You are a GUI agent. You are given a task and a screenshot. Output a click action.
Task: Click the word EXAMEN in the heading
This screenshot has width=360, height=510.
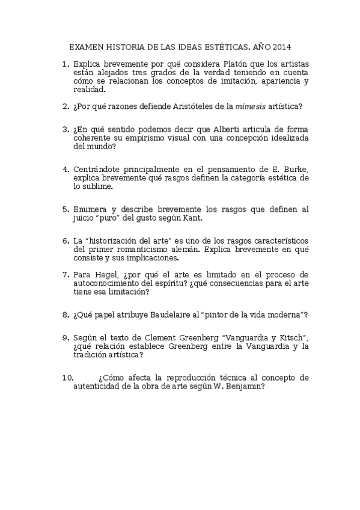coord(86,46)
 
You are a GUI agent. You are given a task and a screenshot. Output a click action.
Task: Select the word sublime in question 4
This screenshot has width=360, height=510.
coord(98,186)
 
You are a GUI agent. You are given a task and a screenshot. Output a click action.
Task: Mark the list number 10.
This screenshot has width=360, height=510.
coord(67,378)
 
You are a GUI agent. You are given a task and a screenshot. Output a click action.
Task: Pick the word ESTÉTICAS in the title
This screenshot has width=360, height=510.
coord(216,46)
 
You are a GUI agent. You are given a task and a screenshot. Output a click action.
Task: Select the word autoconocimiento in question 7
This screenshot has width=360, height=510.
coord(107,283)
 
